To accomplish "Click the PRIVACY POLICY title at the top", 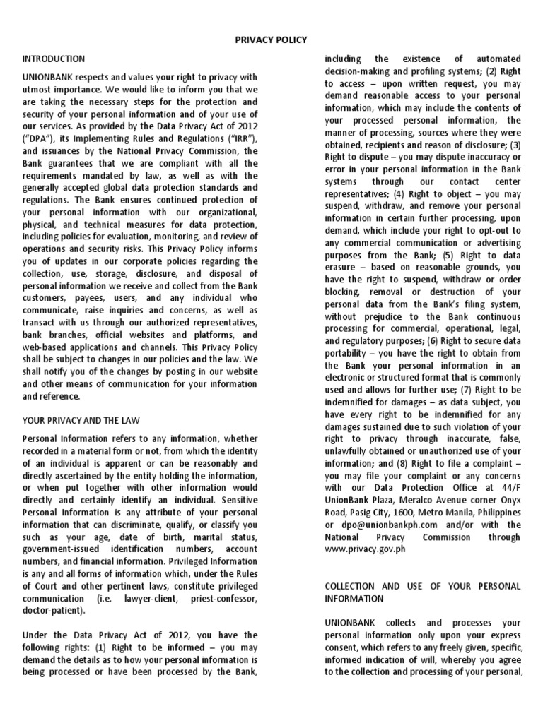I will pos(271,40).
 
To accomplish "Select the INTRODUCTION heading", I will pos(54,59).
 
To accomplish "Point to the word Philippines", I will pos(494,512).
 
